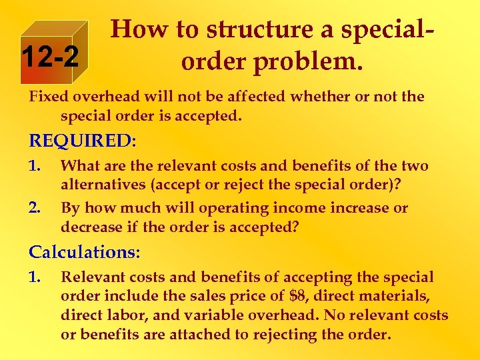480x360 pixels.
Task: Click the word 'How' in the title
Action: pos(136,30)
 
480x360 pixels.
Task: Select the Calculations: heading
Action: pos(85,252)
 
